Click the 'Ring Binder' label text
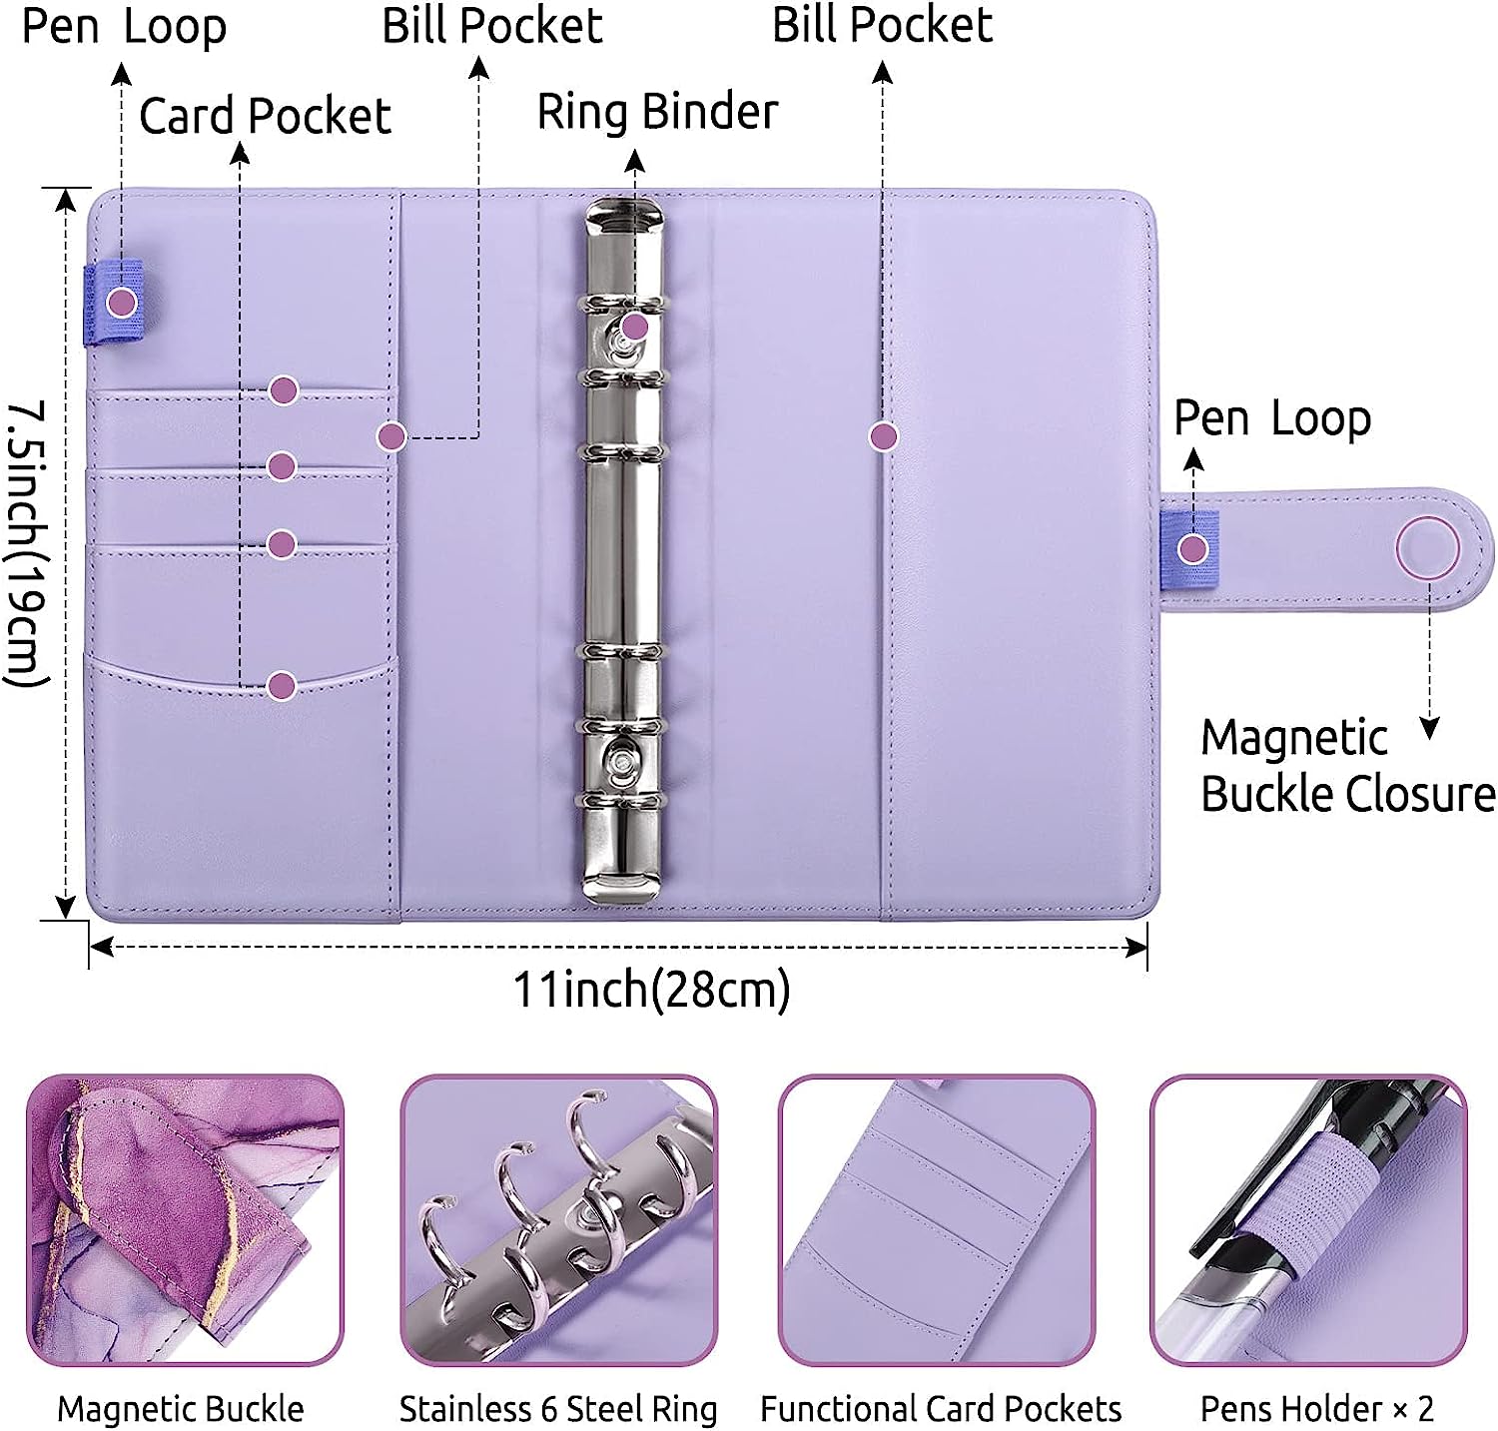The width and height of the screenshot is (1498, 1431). click(x=657, y=111)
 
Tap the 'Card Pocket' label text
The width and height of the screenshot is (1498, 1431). click(x=265, y=116)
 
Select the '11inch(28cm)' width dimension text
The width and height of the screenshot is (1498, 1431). click(x=651, y=990)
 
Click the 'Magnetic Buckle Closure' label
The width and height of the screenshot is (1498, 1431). click(x=1346, y=767)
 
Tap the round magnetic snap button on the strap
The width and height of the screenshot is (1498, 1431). click(x=1427, y=548)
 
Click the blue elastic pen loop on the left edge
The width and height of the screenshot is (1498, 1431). click(x=112, y=302)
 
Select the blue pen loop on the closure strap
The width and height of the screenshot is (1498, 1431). click(x=1190, y=548)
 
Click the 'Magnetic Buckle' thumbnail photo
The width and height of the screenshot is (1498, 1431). click(x=185, y=1220)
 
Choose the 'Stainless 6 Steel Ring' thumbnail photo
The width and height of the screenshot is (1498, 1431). click(x=559, y=1220)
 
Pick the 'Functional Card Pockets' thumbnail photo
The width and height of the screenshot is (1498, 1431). click(x=937, y=1220)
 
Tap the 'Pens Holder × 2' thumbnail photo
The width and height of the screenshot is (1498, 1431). click(x=1308, y=1220)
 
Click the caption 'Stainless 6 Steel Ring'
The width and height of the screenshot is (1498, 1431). click(x=558, y=1409)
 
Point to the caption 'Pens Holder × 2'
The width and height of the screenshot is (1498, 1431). click(x=1316, y=1409)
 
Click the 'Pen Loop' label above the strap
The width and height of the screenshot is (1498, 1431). click(x=1271, y=418)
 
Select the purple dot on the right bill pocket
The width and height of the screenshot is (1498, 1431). click(x=883, y=436)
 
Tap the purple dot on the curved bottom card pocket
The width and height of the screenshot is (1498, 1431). click(x=283, y=685)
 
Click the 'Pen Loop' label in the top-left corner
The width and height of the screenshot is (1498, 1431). click(x=124, y=27)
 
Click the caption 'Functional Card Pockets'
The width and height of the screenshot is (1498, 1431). click(x=941, y=1409)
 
